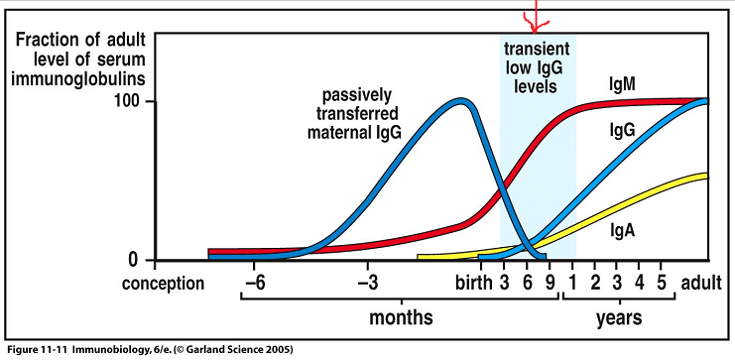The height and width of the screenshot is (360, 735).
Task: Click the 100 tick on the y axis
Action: [x=131, y=102]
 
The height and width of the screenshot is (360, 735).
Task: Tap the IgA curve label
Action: [x=624, y=229]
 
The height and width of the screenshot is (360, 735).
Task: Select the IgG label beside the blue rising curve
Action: [x=624, y=131]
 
